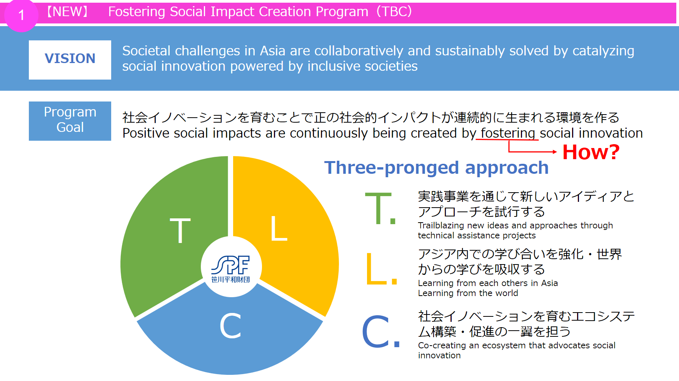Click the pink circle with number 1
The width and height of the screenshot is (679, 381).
21,15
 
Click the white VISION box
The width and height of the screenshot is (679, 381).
70,60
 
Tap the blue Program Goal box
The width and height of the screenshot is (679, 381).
70,121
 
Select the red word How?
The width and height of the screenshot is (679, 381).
591,152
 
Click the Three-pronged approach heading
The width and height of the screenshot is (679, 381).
436,168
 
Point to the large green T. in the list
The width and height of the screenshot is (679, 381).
380,208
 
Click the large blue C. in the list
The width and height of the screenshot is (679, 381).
381,331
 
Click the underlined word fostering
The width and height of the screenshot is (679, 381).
508,133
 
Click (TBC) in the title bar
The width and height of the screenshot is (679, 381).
394,12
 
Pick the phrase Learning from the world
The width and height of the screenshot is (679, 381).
468,293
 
